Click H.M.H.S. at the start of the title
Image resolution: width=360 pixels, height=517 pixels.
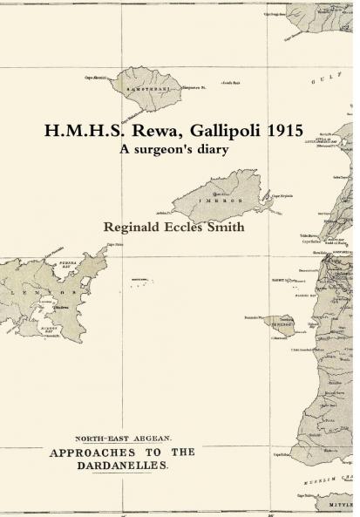(80, 131)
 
